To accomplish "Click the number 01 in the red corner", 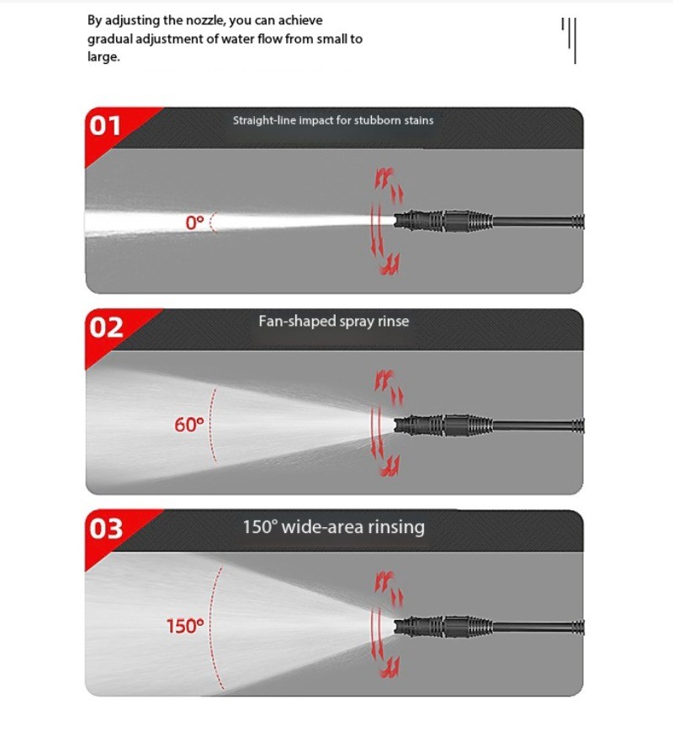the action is click(x=105, y=125).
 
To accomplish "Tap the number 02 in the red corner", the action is click(x=106, y=328).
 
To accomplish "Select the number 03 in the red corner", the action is click(x=106, y=529).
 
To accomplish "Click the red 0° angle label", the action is click(x=194, y=222).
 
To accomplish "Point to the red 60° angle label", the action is click(x=189, y=424).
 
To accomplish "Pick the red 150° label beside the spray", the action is click(x=185, y=626).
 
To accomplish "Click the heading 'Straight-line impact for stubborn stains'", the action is click(x=333, y=120).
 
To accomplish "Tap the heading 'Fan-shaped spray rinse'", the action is click(x=334, y=322).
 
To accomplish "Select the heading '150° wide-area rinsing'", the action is click(x=334, y=527).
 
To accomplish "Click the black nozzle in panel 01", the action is click(x=443, y=221).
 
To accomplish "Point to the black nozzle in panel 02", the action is click(x=443, y=424).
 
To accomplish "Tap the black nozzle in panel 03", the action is click(x=443, y=626).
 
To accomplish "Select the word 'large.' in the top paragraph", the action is click(x=103, y=57).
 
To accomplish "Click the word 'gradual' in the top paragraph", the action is click(x=110, y=39).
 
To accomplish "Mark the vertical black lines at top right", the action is click(x=569, y=40).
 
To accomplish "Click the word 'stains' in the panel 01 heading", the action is click(x=419, y=120).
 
